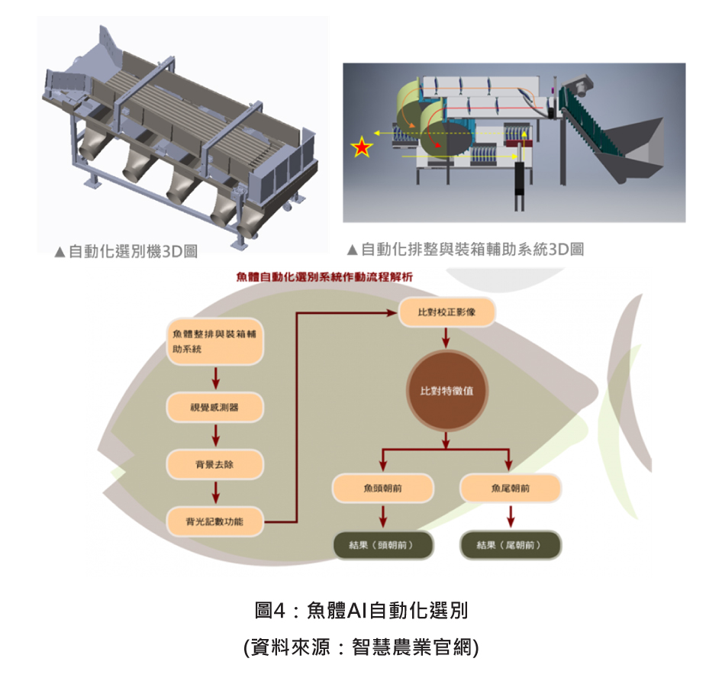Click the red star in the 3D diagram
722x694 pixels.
pyautogui.click(x=361, y=147)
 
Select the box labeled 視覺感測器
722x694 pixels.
pyautogui.click(x=216, y=408)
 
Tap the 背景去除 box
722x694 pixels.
pyautogui.click(x=216, y=464)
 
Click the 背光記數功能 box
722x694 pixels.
pyautogui.click(x=216, y=522)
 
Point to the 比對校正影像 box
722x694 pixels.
pyautogui.click(x=447, y=313)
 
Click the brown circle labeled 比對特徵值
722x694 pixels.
pyautogui.click(x=446, y=391)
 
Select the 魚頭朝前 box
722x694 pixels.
pyautogui.click(x=383, y=488)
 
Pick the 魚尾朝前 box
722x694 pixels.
pyautogui.click(x=511, y=488)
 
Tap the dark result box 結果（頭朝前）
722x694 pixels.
pyautogui.click(x=383, y=545)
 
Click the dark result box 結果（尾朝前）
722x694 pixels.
pyautogui.click(x=511, y=545)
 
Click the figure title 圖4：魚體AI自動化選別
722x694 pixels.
pyautogui.click(x=361, y=610)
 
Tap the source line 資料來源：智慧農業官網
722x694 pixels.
pyautogui.click(x=361, y=647)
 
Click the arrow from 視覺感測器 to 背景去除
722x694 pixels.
pyautogui.click(x=216, y=436)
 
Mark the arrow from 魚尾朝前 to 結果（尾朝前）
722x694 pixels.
pyautogui.click(x=511, y=517)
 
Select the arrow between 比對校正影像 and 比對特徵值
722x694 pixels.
pyautogui.click(x=446, y=338)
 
